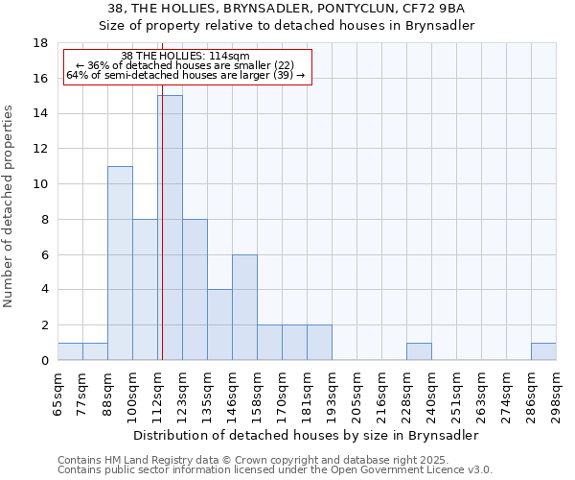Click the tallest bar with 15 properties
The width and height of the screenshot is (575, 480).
click(170, 228)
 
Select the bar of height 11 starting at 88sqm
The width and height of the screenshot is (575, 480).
click(120, 263)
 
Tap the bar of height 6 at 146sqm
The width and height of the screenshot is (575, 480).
click(244, 307)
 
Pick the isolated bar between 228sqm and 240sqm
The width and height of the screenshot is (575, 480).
click(419, 351)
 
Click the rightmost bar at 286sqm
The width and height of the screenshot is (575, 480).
click(543, 351)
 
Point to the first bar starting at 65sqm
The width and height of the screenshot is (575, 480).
click(70, 351)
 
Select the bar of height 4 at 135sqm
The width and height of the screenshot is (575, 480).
click(219, 324)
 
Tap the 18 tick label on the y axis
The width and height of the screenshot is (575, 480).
click(41, 43)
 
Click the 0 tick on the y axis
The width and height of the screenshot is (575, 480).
click(44, 361)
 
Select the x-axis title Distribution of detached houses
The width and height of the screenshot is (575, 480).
click(307, 435)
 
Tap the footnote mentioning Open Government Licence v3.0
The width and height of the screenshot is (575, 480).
click(275, 470)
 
